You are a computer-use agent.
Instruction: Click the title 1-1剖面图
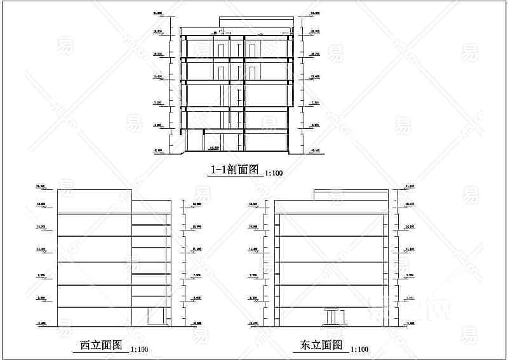click(x=235, y=170)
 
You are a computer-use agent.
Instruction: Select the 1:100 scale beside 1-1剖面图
click(x=274, y=173)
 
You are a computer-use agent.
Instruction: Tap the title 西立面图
click(x=100, y=345)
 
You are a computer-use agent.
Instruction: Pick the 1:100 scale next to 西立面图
click(x=139, y=349)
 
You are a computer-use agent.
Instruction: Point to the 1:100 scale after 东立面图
click(x=359, y=349)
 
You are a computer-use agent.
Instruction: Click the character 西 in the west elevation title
click(x=85, y=345)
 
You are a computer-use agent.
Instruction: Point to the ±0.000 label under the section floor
click(x=214, y=147)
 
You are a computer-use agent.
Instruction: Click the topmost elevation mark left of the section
click(x=157, y=13)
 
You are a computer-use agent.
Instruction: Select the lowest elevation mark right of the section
click(x=314, y=150)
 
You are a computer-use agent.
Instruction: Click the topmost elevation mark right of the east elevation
click(x=409, y=186)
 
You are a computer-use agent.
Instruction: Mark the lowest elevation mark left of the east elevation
click(x=253, y=324)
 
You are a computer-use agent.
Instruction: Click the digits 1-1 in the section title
click(x=218, y=170)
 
